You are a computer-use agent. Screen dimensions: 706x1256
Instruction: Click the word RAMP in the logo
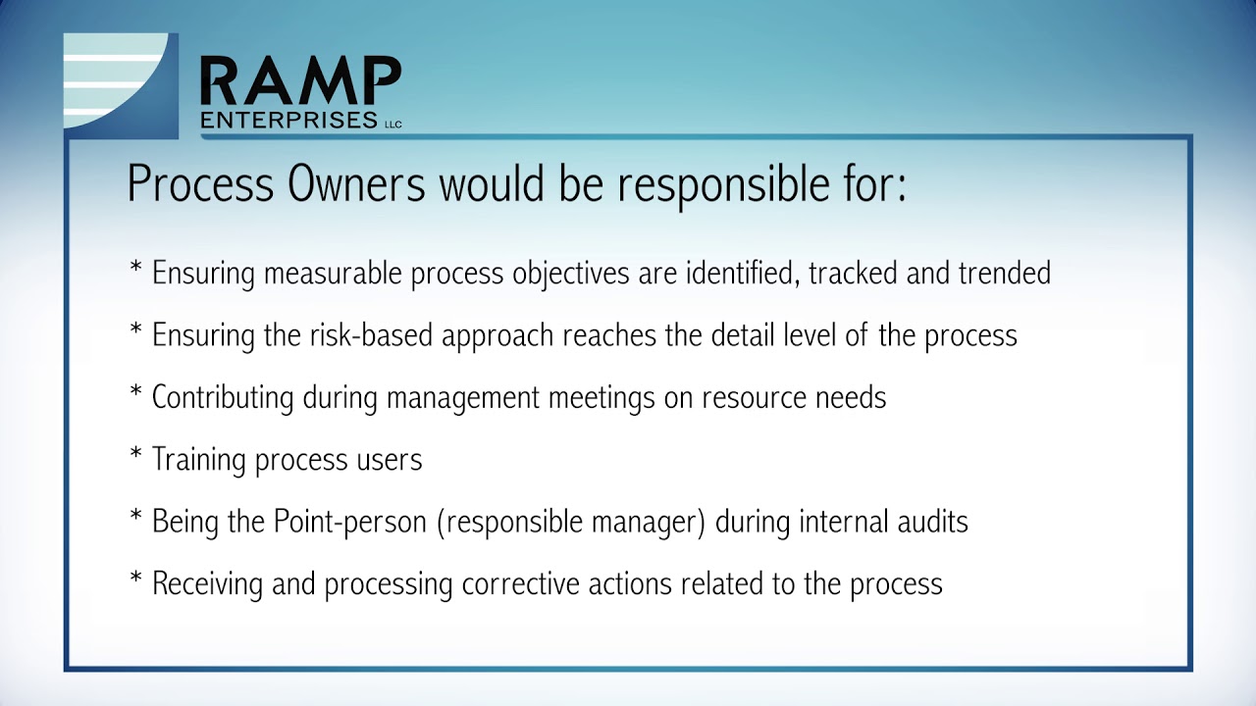click(300, 81)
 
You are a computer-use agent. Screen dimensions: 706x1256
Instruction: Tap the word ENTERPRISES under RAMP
click(288, 120)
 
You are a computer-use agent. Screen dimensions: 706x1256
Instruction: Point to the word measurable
click(334, 273)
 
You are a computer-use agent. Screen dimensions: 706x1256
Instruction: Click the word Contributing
click(223, 397)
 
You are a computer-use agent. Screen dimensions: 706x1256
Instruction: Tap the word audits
click(932, 522)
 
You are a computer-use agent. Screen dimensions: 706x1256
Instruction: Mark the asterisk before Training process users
click(136, 457)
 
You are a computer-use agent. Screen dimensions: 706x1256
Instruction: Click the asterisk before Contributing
click(136, 394)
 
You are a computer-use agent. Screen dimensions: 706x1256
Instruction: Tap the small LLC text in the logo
click(392, 124)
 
